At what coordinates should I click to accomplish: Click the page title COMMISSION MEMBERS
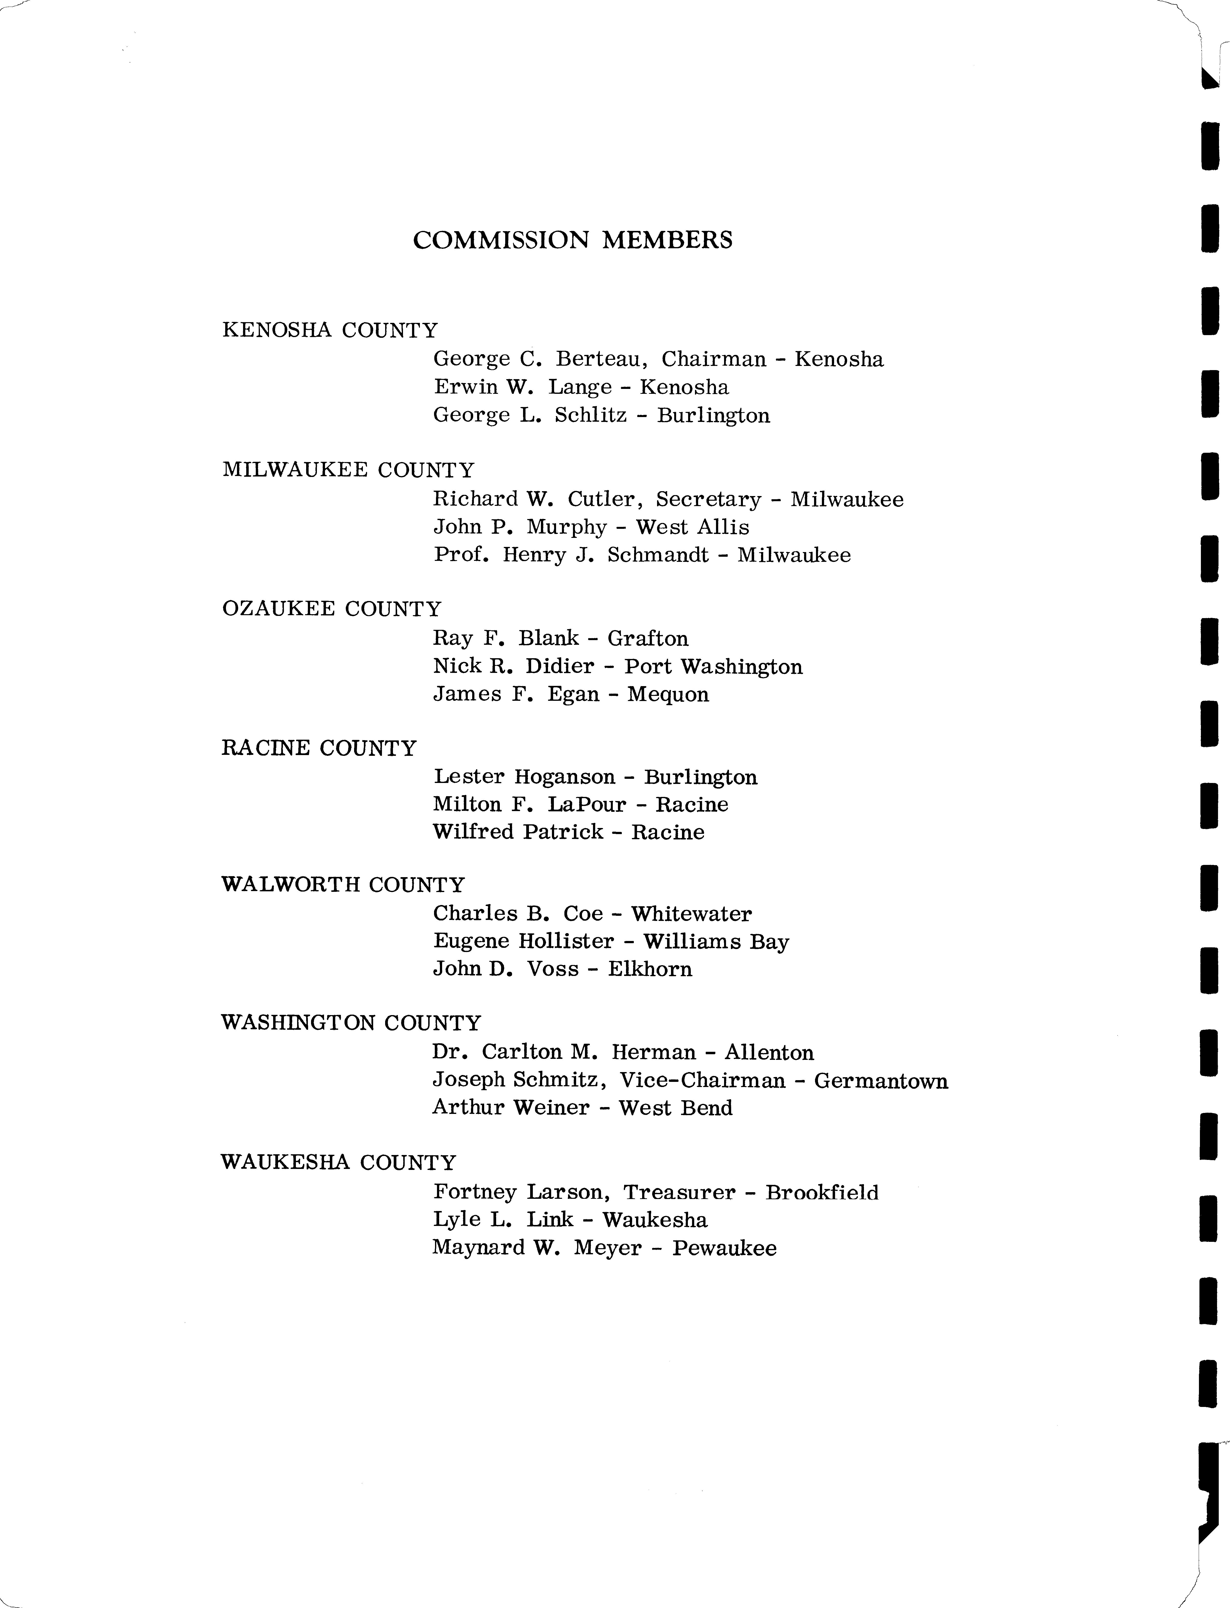572,240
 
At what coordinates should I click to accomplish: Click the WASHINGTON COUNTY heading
351,1023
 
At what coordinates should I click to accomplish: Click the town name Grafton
648,638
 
